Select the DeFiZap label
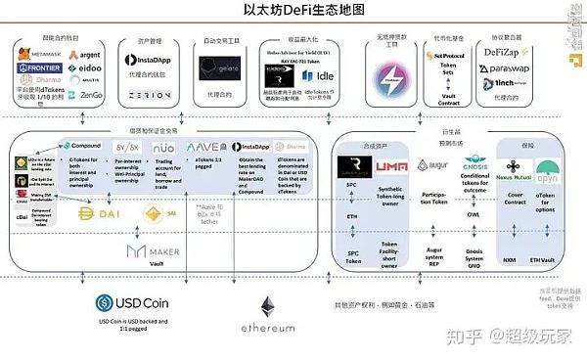point(509,51)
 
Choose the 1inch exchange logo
point(510,85)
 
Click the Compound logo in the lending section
point(79,145)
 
